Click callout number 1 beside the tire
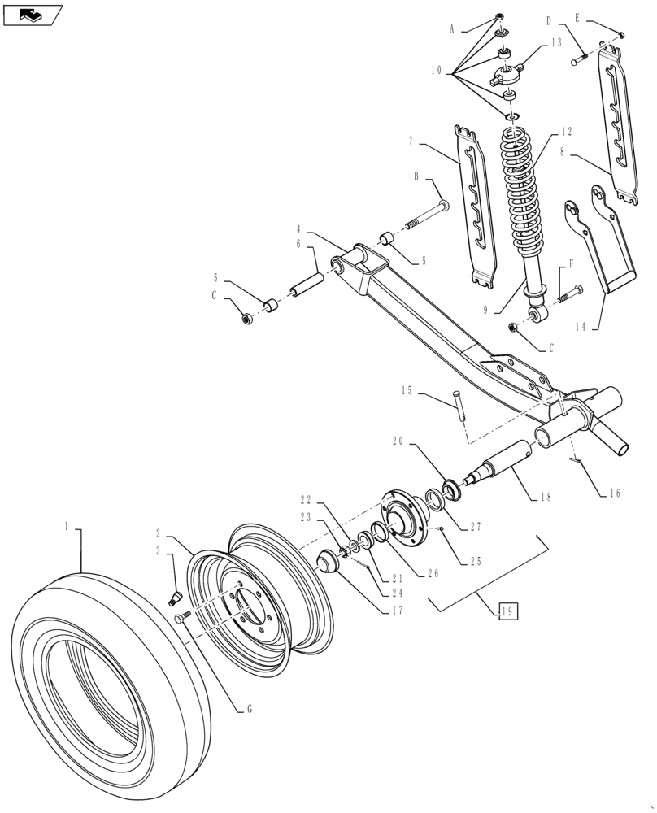click(x=67, y=527)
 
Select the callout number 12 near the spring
click(x=567, y=132)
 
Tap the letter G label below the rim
click(x=250, y=709)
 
